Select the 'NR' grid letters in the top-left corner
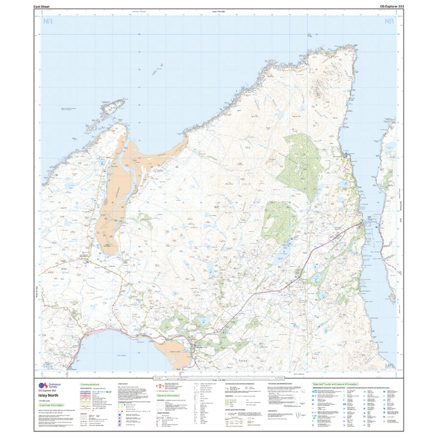(47, 21)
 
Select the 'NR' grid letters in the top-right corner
(389, 21)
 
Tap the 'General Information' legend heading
(168, 396)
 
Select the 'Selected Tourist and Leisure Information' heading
(335, 385)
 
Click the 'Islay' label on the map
(243, 361)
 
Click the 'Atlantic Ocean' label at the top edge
(140, 12)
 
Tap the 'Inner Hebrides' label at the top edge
(219, 12)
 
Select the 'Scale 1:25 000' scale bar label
(219, 380)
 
